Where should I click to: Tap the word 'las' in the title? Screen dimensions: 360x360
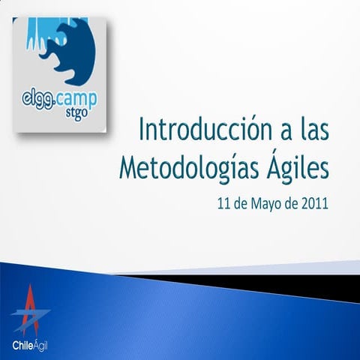click(310, 130)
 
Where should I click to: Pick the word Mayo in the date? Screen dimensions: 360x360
click(267, 203)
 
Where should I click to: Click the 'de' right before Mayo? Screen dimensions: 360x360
click(241, 202)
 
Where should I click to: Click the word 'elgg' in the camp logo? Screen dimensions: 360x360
click(34, 98)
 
